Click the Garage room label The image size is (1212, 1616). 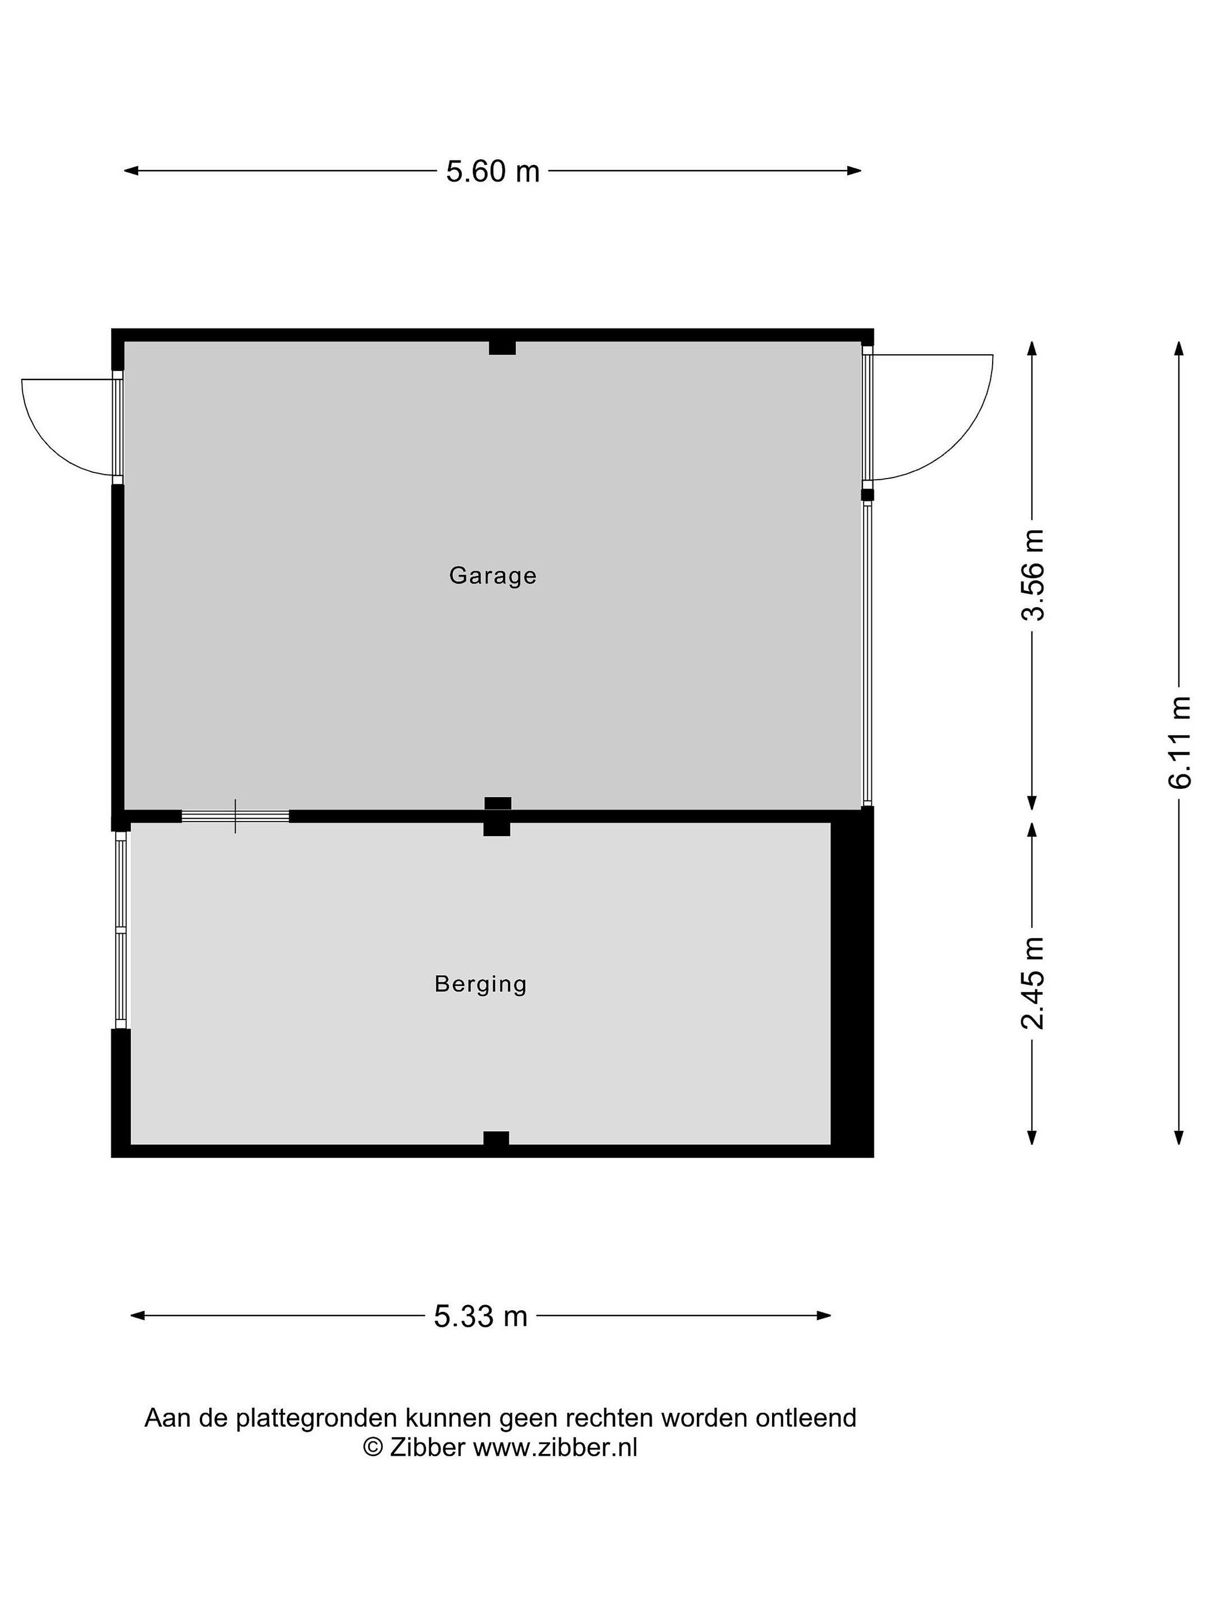pos(493,576)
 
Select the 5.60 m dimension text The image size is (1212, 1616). pos(493,172)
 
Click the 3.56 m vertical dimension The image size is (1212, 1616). pos(1032,575)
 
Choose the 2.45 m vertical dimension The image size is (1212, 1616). pos(1032,983)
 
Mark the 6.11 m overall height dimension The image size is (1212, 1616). pos(1178,742)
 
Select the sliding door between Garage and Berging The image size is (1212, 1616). pos(235,816)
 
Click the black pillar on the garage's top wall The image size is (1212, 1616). pos(502,348)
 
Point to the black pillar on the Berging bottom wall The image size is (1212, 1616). pos(496,1138)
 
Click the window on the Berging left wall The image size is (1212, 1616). pos(121,931)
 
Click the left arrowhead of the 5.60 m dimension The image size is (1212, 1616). pos(131,171)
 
